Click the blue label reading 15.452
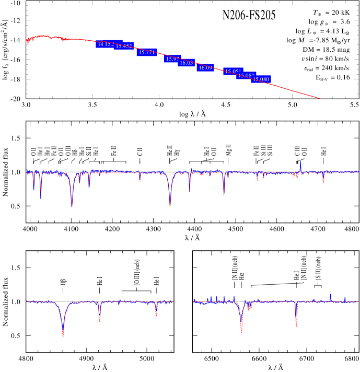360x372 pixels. point(124,46)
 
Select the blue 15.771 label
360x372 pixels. point(147,52)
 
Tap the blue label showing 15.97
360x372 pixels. point(172,59)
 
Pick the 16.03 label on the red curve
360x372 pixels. point(186,63)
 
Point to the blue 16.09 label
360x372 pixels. point(205,68)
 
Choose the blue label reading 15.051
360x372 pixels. point(233,71)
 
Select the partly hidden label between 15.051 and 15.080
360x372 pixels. point(246,76)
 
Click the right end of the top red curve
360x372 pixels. point(320,98)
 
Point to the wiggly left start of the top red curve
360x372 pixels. point(28,40)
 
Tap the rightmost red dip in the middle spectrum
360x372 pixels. point(323,181)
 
